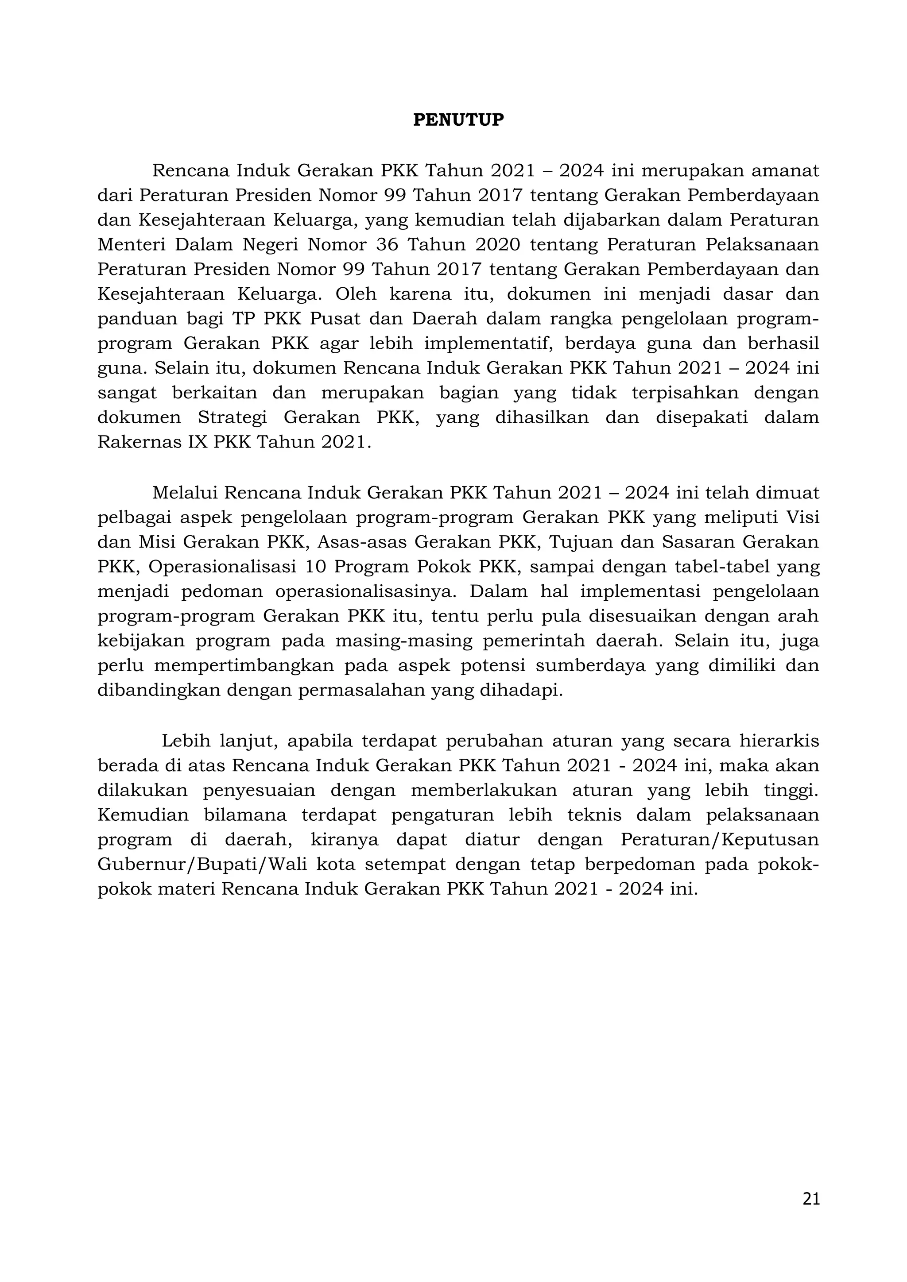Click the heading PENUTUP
[x=458, y=120]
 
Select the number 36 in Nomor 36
[x=387, y=244]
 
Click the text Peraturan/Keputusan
[x=719, y=840]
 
